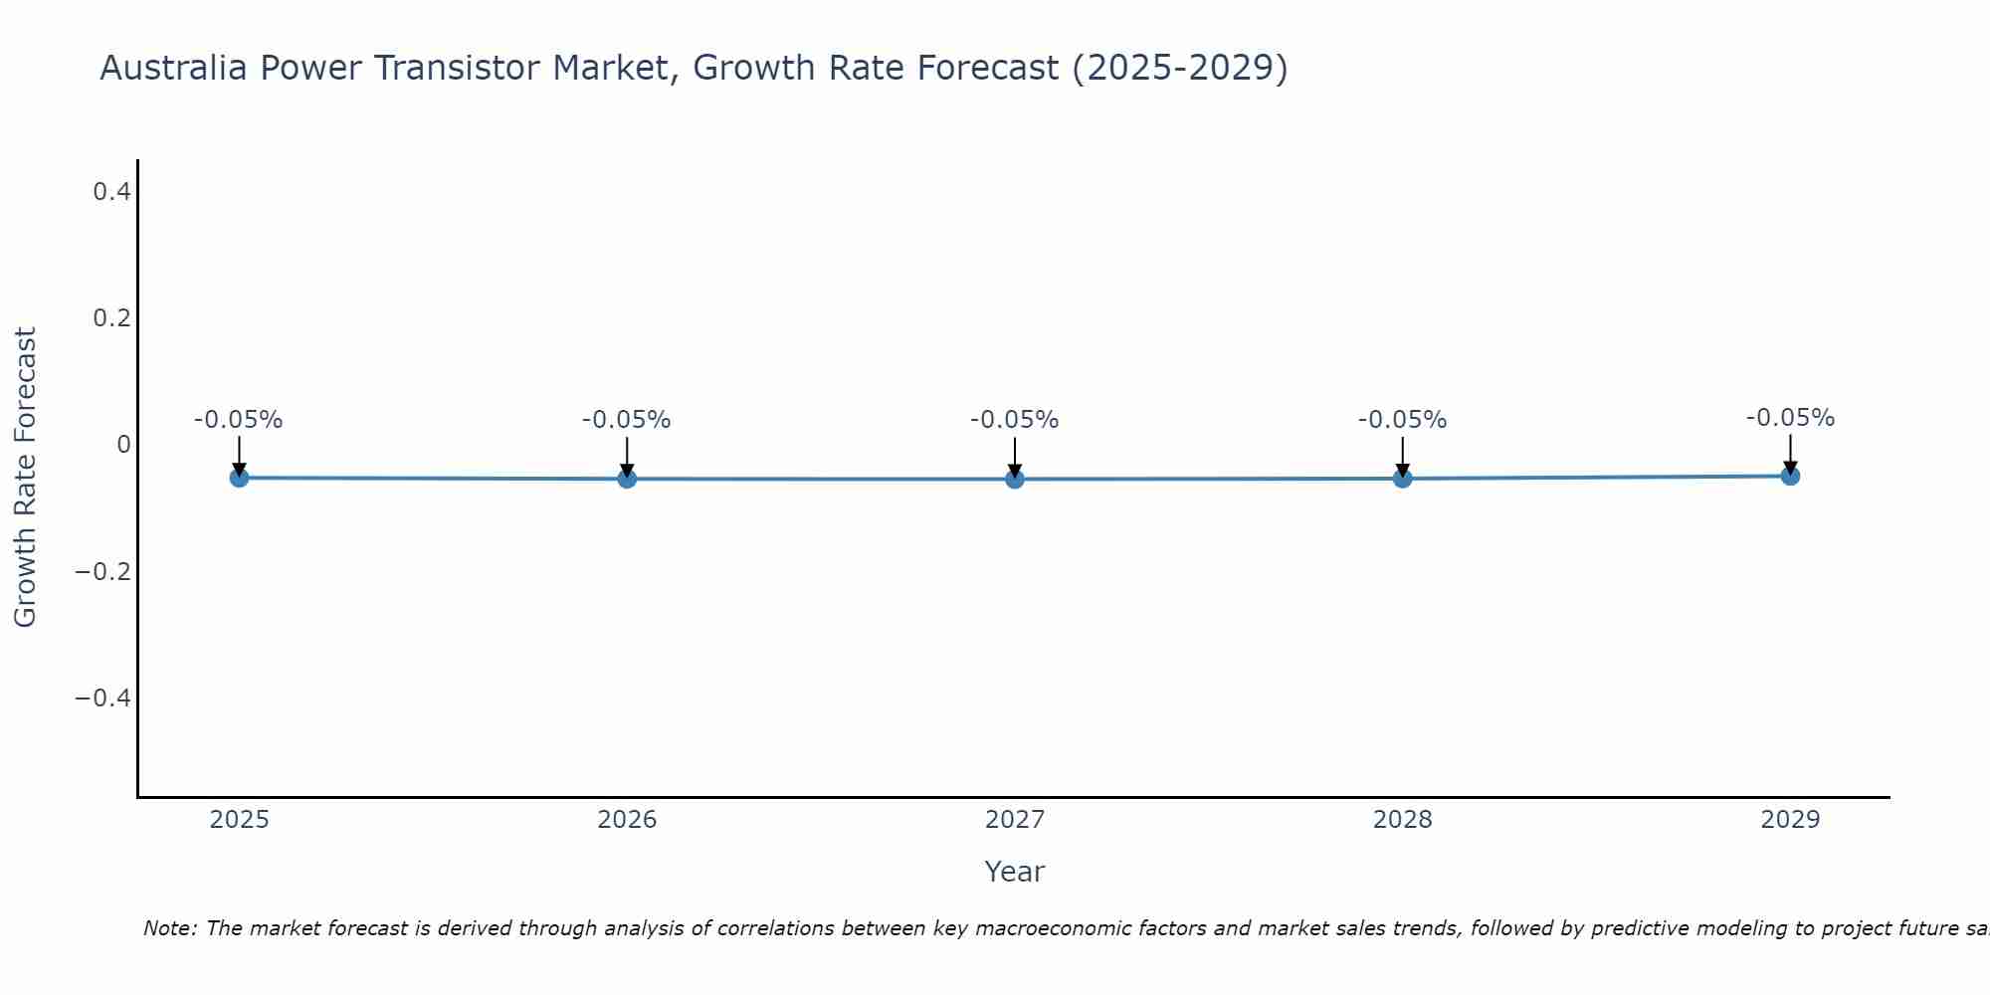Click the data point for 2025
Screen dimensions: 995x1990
click(239, 478)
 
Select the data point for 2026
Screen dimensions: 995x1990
click(627, 479)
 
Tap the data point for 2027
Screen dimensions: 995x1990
click(1015, 479)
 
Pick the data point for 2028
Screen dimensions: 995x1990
click(1403, 479)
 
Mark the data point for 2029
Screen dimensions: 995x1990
click(1790, 476)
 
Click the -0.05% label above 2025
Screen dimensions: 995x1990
click(239, 420)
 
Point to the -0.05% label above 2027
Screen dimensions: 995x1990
click(1015, 420)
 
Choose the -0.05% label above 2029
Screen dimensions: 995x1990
click(1790, 418)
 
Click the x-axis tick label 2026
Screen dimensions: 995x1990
click(627, 820)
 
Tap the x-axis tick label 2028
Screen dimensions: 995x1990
click(1403, 820)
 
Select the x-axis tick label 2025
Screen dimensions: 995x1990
click(240, 820)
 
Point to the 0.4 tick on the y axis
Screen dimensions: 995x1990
click(112, 192)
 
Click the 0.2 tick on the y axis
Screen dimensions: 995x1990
click(112, 318)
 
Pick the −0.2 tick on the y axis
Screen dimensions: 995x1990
click(103, 572)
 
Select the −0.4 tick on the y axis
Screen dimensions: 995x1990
click(103, 698)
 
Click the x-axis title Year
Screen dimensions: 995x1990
click(1014, 873)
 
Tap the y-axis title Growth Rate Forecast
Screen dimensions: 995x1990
click(25, 478)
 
